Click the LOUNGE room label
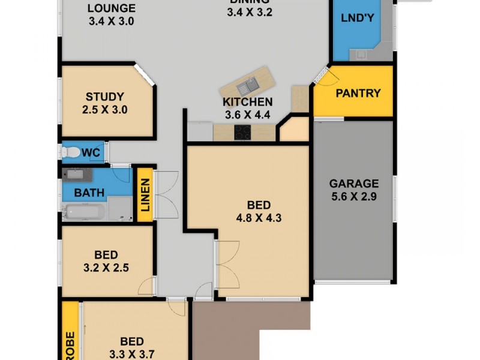click(111, 8)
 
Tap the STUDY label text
click(104, 97)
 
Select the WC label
click(91, 153)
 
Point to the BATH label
click(89, 193)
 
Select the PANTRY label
click(358, 93)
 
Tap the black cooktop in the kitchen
click(242, 133)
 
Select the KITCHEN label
click(247, 102)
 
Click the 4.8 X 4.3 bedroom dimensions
click(259, 217)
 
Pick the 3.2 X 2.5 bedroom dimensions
click(106, 268)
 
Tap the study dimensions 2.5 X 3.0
click(104, 110)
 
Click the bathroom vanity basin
click(76, 175)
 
